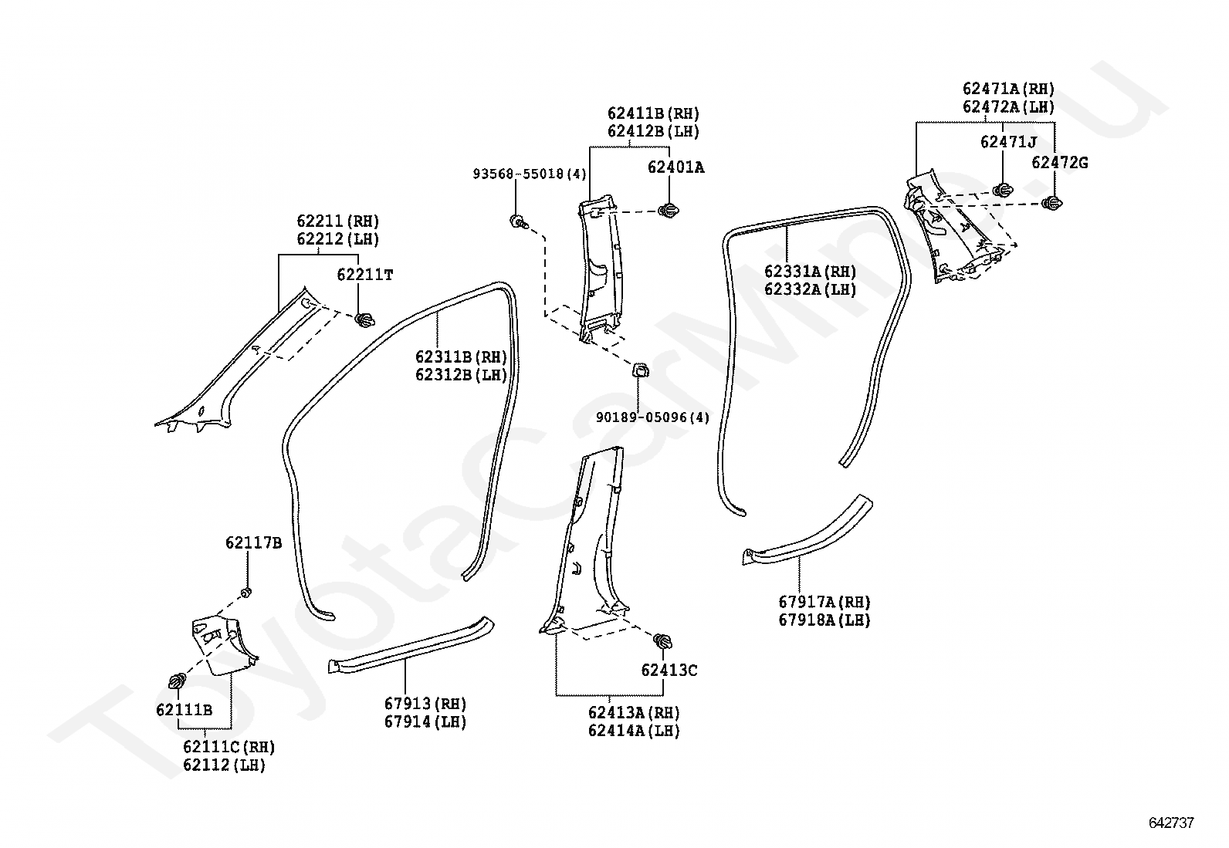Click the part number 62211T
tap(365, 274)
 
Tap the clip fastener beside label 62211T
tap(364, 319)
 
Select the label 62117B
tap(253, 542)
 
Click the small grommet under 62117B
tap(245, 593)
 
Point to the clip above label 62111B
tap(178, 681)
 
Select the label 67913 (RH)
tap(425, 703)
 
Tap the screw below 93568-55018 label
tap(519, 222)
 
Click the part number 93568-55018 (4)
tap(530, 174)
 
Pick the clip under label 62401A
tap(669, 210)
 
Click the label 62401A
tap(676, 167)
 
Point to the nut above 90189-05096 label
tap(640, 370)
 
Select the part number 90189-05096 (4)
tap(652, 417)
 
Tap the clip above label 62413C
tap(663, 640)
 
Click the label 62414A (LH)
tap(634, 731)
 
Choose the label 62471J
tap(1008, 141)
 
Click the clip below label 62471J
tap(1003, 190)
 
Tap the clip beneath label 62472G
tap(1051, 203)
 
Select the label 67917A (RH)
tap(824, 602)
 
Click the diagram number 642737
tap(1171, 823)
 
